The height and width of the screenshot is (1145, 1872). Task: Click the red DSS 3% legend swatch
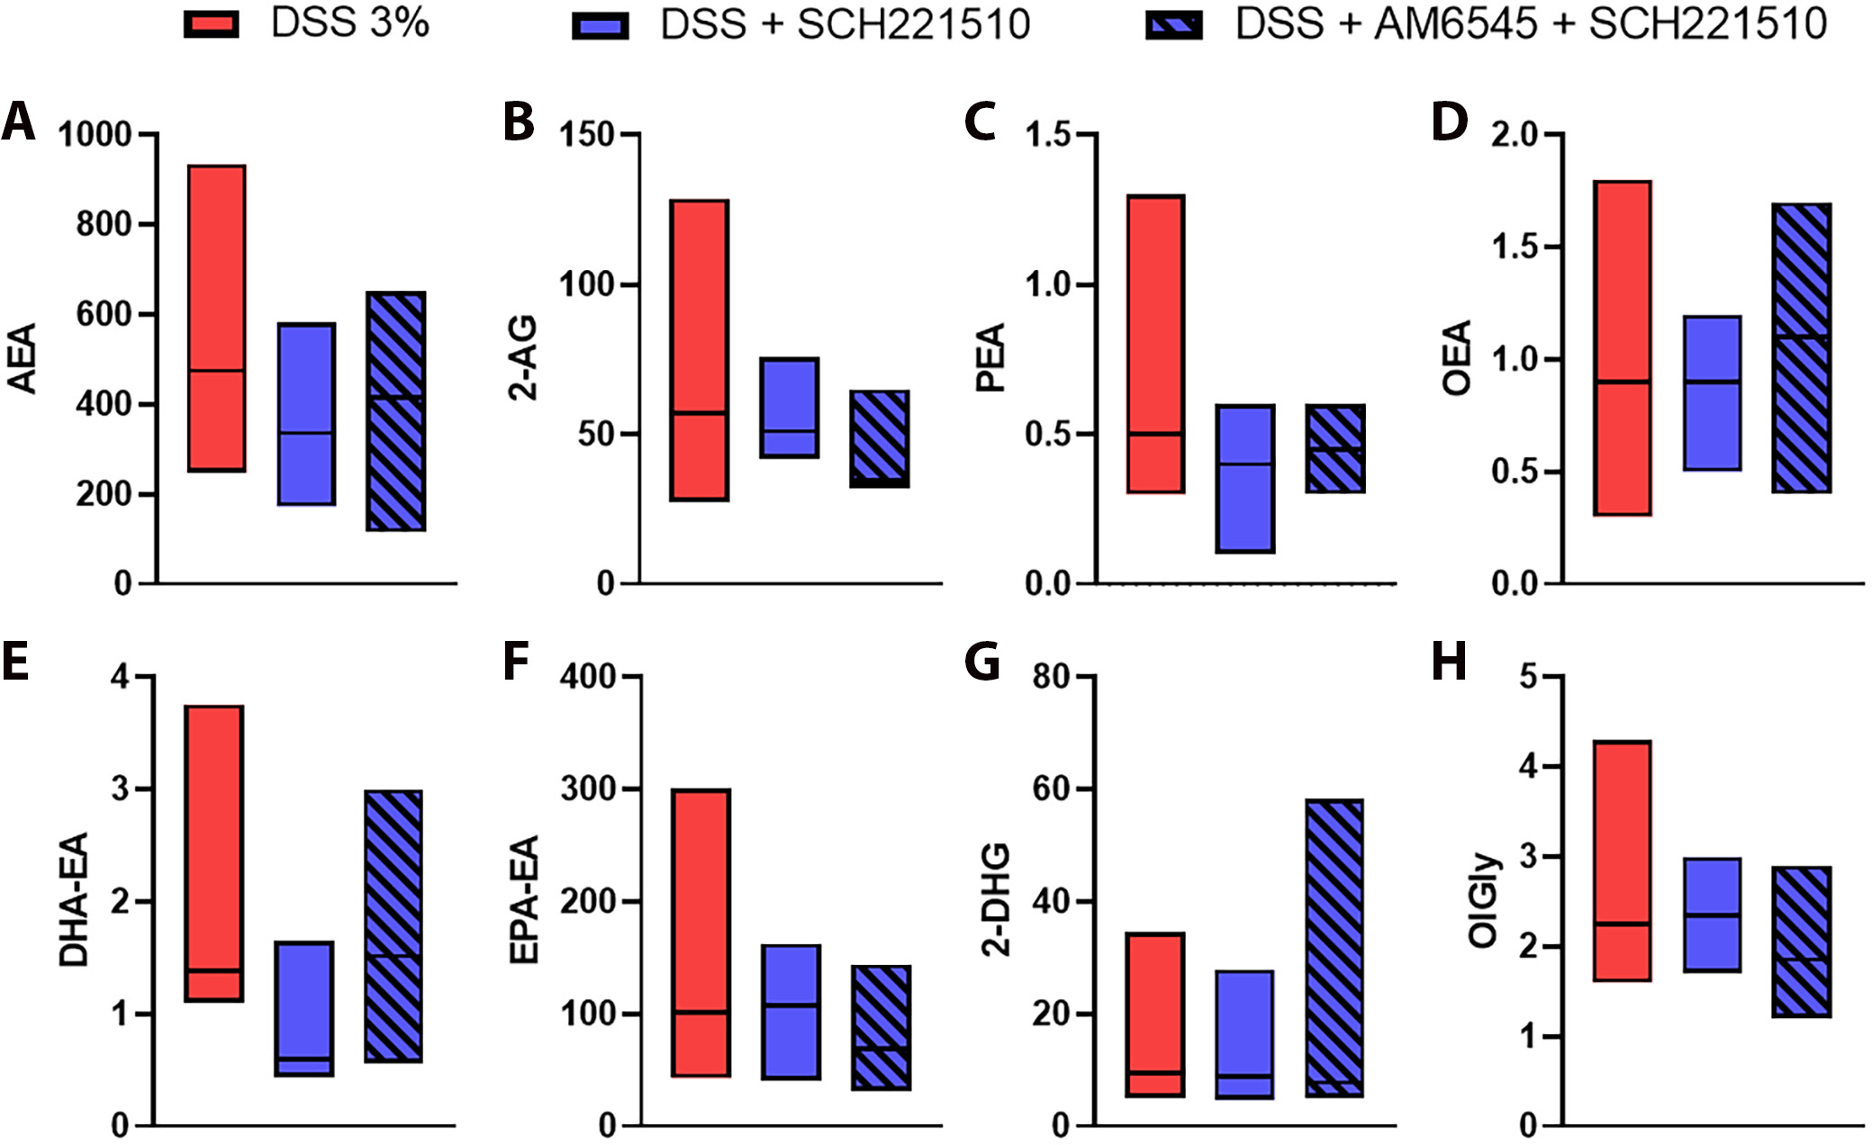212,25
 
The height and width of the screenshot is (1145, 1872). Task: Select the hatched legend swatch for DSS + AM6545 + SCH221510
1173,25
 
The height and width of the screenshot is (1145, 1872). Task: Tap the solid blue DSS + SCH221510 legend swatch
601,25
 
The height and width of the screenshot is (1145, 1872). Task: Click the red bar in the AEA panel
217,318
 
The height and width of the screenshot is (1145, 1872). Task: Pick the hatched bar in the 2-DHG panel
1334,948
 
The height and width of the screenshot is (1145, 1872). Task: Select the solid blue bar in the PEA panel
1245,478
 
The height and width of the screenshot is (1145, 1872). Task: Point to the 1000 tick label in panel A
95,135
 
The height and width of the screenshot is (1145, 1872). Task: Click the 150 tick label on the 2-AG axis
586,135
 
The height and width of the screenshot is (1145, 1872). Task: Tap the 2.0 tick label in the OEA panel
1515,135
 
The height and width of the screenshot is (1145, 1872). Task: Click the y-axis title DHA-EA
74,899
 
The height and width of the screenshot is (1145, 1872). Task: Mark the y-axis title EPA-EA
524,899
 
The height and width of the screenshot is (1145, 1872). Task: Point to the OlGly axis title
1484,899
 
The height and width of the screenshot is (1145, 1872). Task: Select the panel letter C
980,122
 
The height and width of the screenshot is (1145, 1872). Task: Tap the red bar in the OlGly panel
1622,861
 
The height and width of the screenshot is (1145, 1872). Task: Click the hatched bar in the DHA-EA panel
393,926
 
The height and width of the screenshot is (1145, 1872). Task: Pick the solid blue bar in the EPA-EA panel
791,1012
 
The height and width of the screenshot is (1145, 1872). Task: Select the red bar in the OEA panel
1622,348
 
